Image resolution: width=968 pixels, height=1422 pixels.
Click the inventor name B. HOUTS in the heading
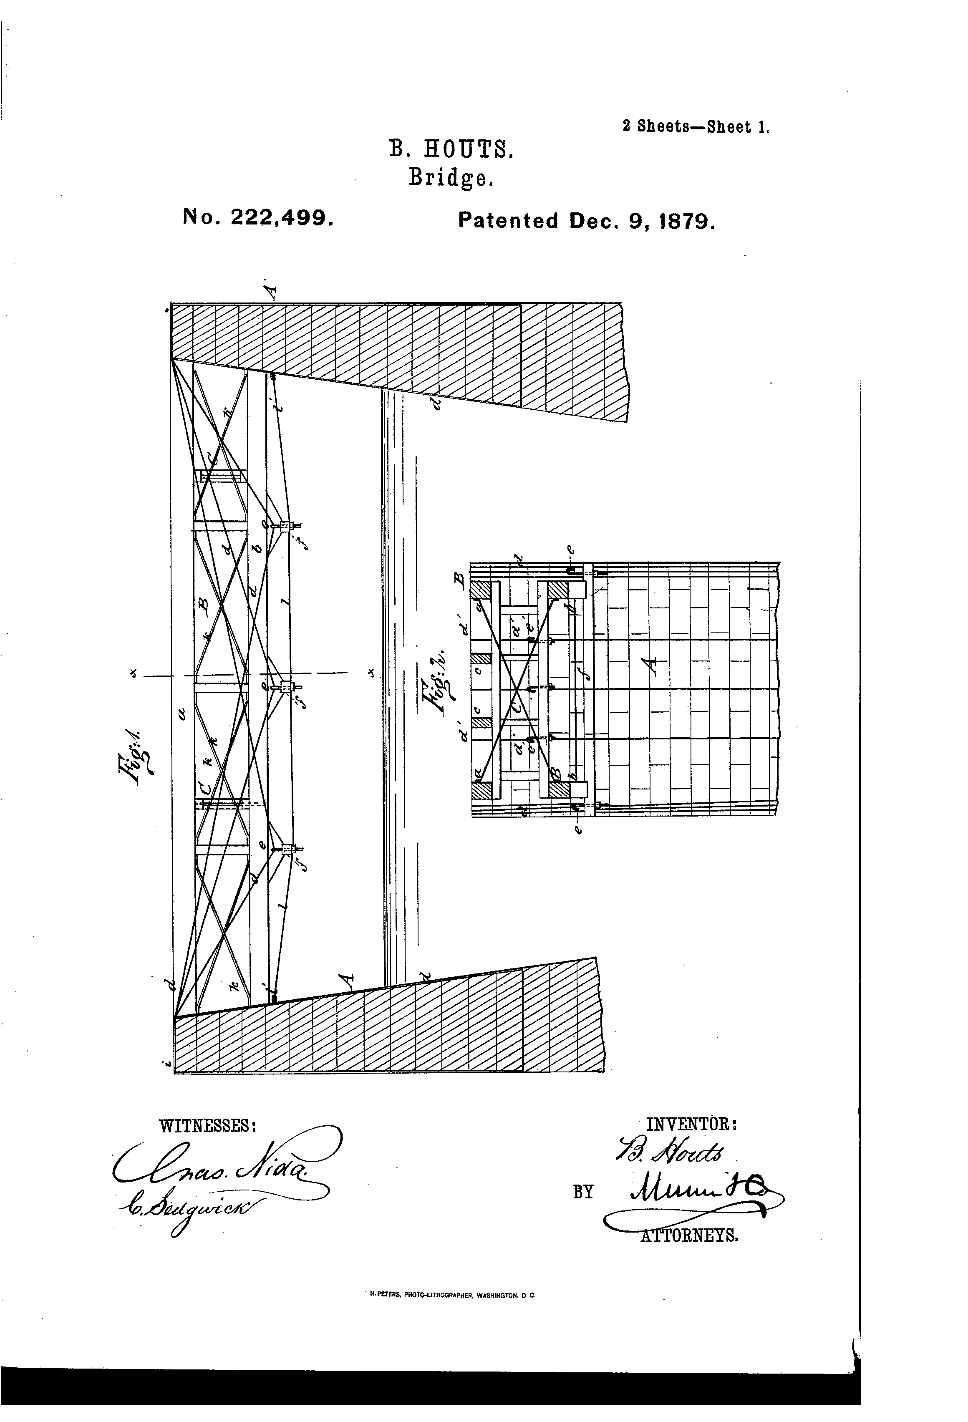(451, 149)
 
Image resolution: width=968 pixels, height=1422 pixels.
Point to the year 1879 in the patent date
(686, 220)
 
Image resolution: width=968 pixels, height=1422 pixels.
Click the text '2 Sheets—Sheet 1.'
(696, 127)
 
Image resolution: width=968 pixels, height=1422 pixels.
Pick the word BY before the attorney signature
(583, 1192)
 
